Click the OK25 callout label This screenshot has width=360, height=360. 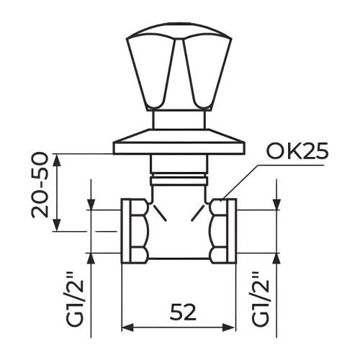[297, 152]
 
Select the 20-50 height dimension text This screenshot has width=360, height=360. [40, 185]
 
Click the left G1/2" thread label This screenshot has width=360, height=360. [76, 303]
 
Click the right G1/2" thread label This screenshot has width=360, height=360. [261, 300]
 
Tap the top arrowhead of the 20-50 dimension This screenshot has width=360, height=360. [57, 160]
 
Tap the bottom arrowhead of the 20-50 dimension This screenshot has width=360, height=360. [57, 225]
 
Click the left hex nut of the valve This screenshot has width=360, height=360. [139, 231]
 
